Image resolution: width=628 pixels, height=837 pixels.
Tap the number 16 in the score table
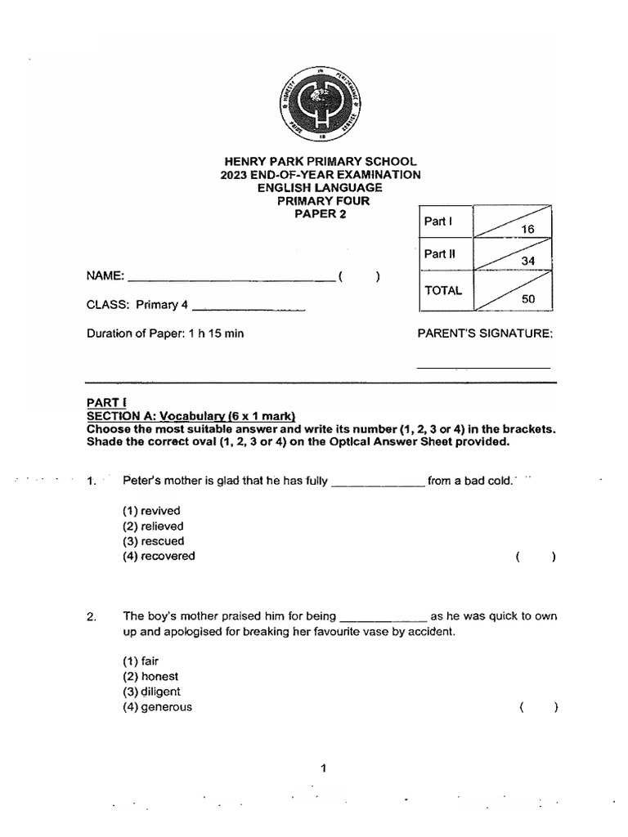(527, 231)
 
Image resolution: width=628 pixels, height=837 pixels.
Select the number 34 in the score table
(527, 261)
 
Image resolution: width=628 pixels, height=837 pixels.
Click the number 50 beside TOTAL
(527, 299)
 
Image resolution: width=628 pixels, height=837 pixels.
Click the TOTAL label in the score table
(442, 290)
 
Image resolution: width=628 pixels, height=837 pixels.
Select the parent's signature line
(483, 367)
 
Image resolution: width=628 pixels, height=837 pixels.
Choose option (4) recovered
(159, 556)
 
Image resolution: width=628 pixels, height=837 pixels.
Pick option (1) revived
(150, 511)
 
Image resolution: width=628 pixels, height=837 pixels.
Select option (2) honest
(150, 677)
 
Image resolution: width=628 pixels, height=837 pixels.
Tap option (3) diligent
(151, 692)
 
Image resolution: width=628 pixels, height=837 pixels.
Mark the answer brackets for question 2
(537, 708)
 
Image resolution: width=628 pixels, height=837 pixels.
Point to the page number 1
(324, 768)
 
